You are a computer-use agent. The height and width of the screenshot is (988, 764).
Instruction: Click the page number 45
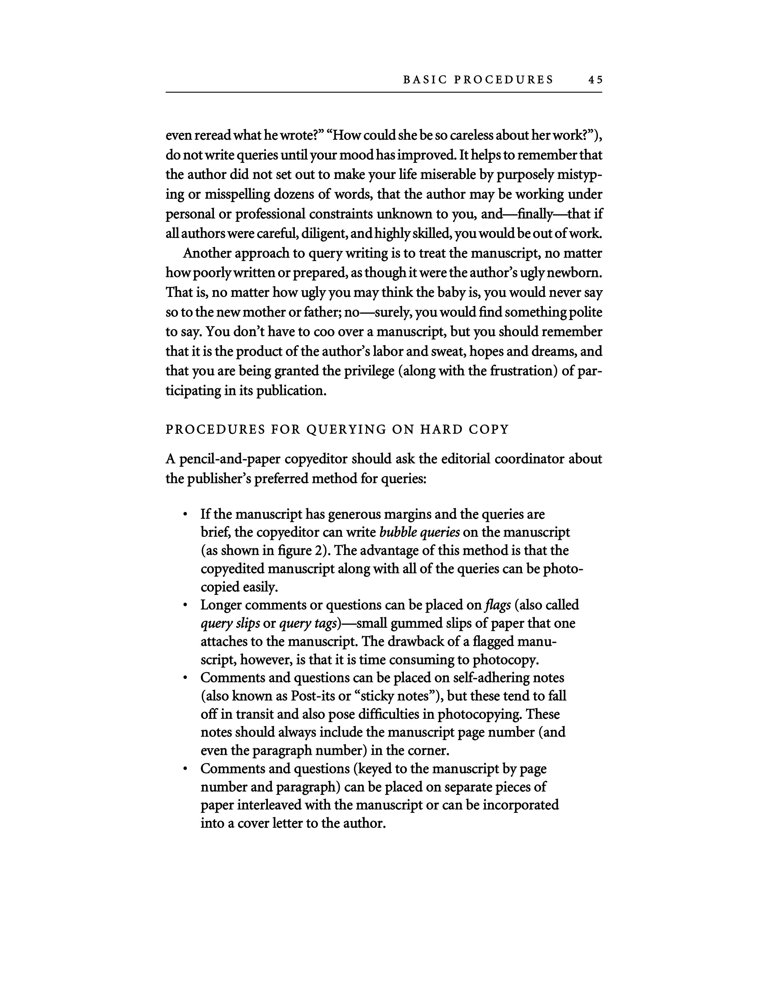point(595,80)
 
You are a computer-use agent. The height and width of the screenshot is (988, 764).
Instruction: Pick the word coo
point(312,332)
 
